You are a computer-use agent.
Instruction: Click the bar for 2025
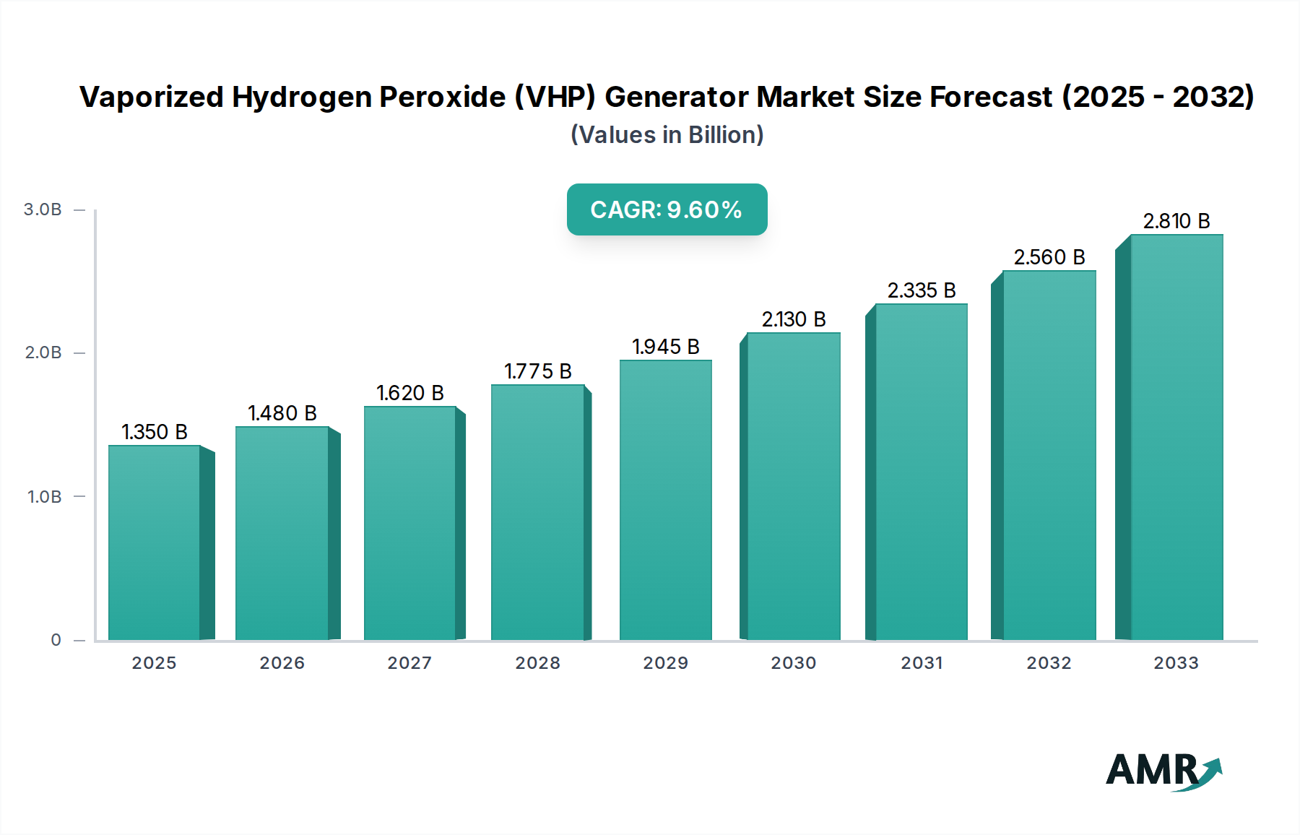154,542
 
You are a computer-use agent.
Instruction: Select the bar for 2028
537,512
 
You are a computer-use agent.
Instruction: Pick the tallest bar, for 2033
1176,437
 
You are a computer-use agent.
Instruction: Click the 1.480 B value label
282,413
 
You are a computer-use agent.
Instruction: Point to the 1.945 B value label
665,347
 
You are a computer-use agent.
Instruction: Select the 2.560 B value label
1049,257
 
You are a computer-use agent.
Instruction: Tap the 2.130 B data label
793,319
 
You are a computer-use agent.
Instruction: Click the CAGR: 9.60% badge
667,209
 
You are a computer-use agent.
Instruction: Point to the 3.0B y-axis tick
43,209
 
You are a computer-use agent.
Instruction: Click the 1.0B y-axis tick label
44,497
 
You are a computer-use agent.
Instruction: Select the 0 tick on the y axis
56,640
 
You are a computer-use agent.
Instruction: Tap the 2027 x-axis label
409,663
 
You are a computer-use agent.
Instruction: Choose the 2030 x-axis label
793,663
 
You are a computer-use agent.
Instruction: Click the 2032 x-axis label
1049,663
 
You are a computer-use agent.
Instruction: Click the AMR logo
1163,771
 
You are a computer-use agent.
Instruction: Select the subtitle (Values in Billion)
667,135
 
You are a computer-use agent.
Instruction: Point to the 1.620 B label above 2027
409,393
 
